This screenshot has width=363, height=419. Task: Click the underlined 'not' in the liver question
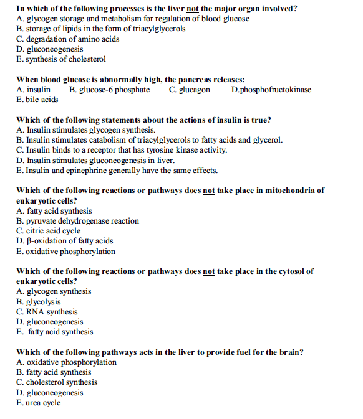[193, 9]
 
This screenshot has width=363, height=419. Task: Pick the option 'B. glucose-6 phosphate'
[110, 90]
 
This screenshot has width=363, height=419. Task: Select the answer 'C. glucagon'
[190, 90]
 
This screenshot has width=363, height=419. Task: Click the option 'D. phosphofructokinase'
[271, 90]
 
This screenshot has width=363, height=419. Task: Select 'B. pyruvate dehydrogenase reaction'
[78, 221]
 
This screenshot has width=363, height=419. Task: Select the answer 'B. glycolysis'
[39, 302]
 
